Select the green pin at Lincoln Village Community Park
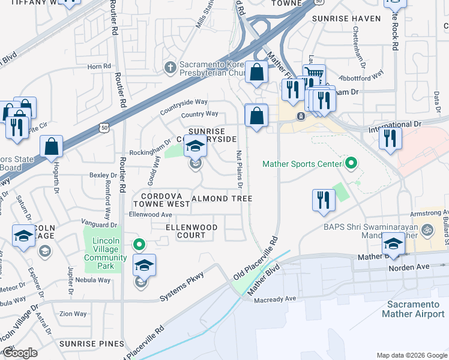[139, 245]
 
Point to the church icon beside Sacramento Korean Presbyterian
[170, 66]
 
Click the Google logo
[20, 353]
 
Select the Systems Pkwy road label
[182, 287]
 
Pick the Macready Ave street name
[276, 298]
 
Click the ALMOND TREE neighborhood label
[221, 199]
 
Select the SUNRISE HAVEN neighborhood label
[346, 19]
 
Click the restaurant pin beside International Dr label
[390, 138]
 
